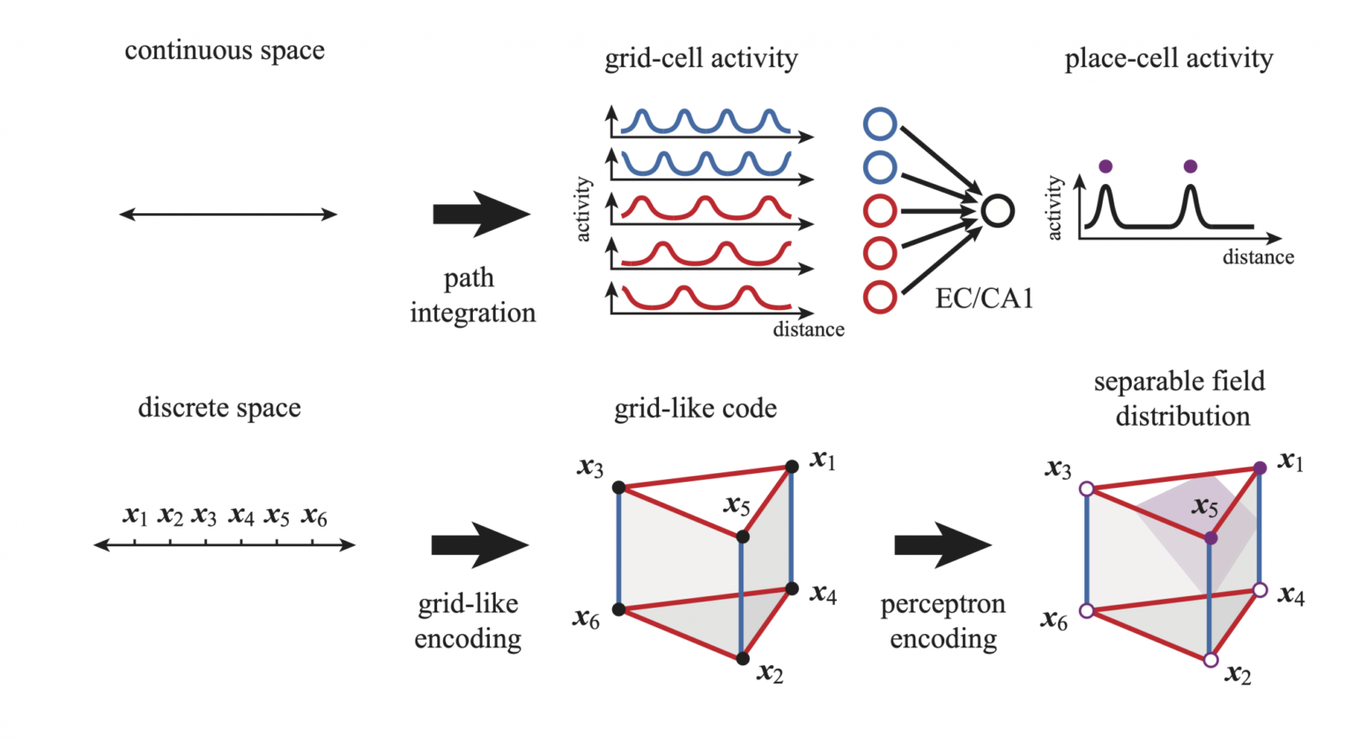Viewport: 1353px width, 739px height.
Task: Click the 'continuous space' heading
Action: pyautogui.click(x=225, y=51)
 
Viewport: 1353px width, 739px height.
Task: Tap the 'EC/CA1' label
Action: pyautogui.click(x=984, y=299)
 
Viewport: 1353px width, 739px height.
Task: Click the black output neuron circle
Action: pyautogui.click(x=997, y=211)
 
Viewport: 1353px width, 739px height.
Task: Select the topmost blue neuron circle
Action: pyautogui.click(x=880, y=124)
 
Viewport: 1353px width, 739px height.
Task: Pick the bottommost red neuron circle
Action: pyautogui.click(x=880, y=297)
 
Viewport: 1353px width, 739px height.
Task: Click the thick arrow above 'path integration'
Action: pyautogui.click(x=481, y=214)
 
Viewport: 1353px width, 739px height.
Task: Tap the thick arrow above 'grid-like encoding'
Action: pyautogui.click(x=479, y=545)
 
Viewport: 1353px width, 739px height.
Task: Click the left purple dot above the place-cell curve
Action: pyautogui.click(x=1105, y=166)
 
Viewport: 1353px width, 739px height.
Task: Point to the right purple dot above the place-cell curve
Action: pyautogui.click(x=1190, y=166)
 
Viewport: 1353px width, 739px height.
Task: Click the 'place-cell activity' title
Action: pyautogui.click(x=1169, y=59)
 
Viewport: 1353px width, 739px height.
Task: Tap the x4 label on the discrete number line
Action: pyautogui.click(x=241, y=515)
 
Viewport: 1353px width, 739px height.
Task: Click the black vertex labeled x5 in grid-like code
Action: pyautogui.click(x=743, y=537)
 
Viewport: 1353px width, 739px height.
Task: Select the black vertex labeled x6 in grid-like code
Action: pyautogui.click(x=618, y=610)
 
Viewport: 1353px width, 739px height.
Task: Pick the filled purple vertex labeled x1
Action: pyautogui.click(x=1260, y=468)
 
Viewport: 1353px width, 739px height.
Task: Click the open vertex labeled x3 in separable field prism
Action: pyautogui.click(x=1087, y=489)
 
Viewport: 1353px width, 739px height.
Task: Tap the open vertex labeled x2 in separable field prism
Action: pyautogui.click(x=1210, y=660)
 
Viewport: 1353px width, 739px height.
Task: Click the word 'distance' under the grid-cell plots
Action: pyautogui.click(x=809, y=329)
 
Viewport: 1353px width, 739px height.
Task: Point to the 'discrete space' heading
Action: pyautogui.click(x=219, y=408)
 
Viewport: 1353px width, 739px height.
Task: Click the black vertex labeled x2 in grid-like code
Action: pyautogui.click(x=743, y=659)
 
